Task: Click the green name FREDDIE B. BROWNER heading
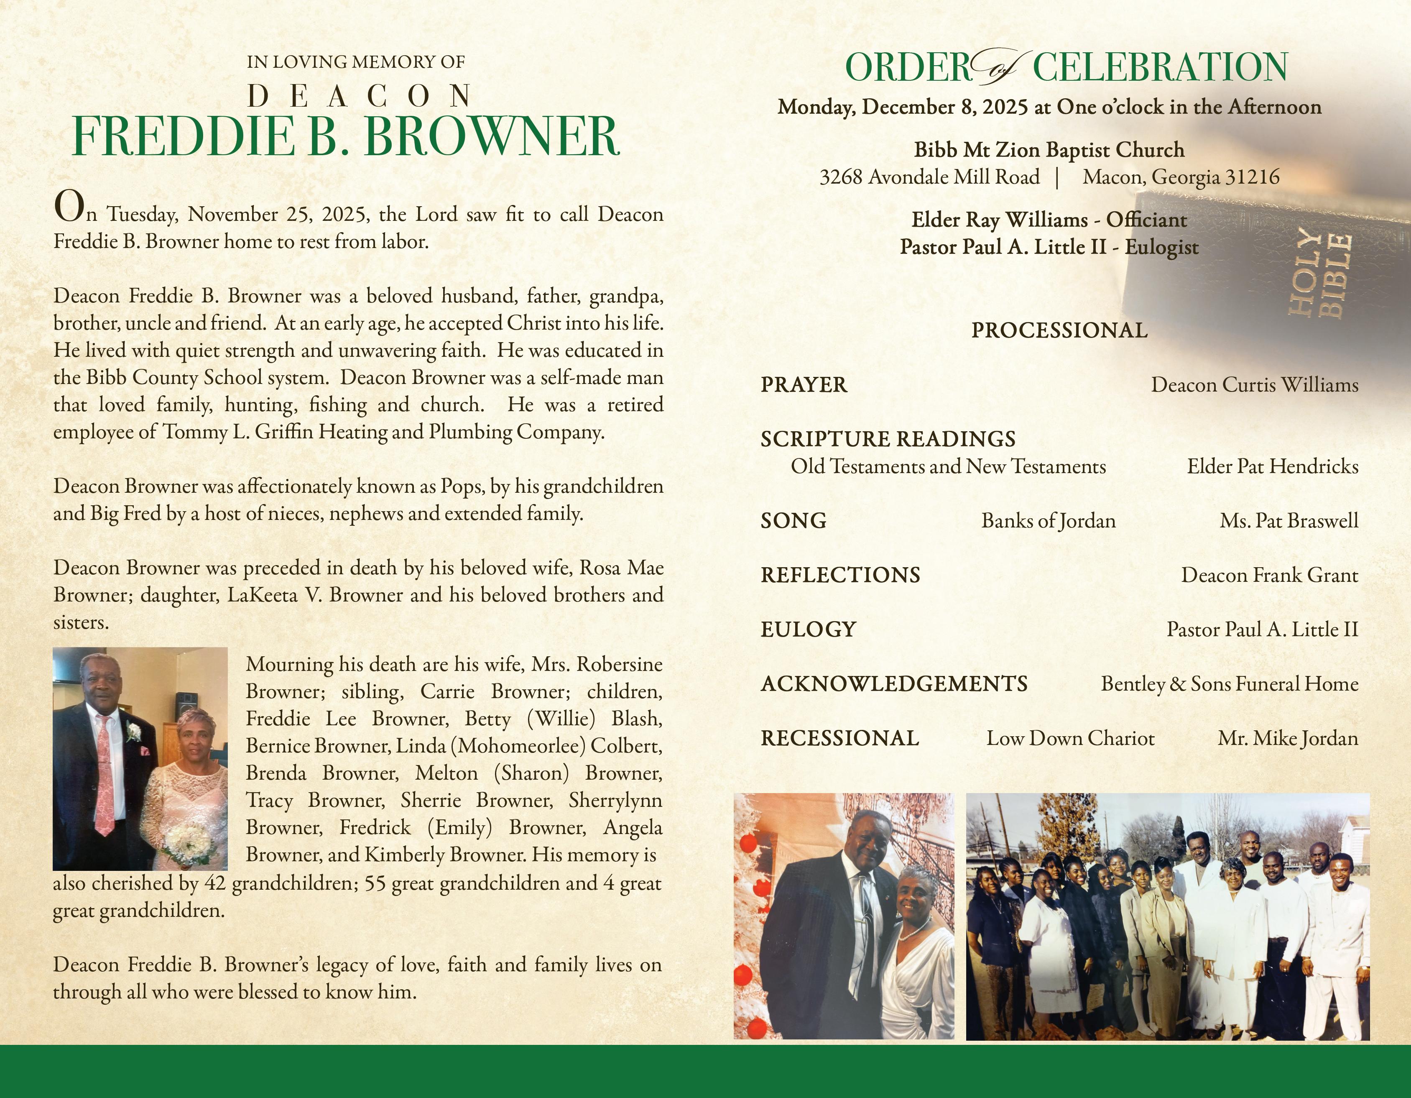[x=346, y=137]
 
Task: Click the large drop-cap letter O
[x=69, y=207]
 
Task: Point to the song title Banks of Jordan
[x=1048, y=521]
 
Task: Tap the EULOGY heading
[x=808, y=630]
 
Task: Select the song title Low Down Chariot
[x=1070, y=738]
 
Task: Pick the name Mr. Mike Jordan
[x=1288, y=738]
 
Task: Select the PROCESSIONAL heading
[x=1059, y=330]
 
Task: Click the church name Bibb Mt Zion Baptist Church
[x=1049, y=150]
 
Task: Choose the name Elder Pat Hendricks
[x=1272, y=467]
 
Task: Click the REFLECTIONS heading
[x=840, y=575]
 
